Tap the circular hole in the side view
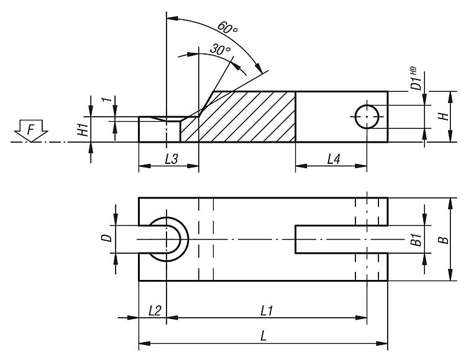coord(367,116)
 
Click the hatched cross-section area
coord(249,118)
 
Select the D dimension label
coord(106,238)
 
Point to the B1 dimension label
coord(416,240)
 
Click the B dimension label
coord(441,239)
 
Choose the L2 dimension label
coord(154,310)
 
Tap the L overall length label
coord(264,336)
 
